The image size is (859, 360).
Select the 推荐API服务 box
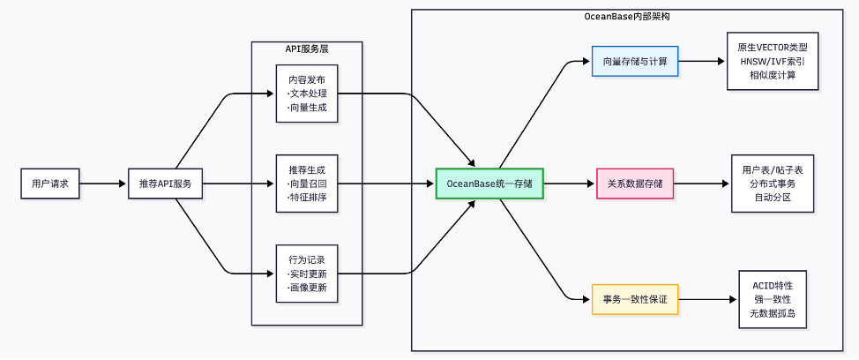click(x=166, y=184)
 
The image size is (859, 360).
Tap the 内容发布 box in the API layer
click(x=307, y=93)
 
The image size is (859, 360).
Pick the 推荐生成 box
click(x=307, y=184)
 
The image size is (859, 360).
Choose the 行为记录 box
click(x=307, y=274)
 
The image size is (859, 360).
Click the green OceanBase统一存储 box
click(x=489, y=184)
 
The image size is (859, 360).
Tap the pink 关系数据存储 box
click(x=635, y=184)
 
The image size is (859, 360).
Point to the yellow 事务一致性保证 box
click(x=635, y=300)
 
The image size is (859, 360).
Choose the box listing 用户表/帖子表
click(x=773, y=184)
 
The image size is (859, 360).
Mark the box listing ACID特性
click(x=773, y=300)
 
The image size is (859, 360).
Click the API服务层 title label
click(x=307, y=49)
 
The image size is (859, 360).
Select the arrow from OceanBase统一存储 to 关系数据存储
click(x=570, y=184)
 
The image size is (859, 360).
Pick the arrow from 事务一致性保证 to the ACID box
click(x=708, y=300)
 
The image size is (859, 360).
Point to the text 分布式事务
click(x=773, y=184)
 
